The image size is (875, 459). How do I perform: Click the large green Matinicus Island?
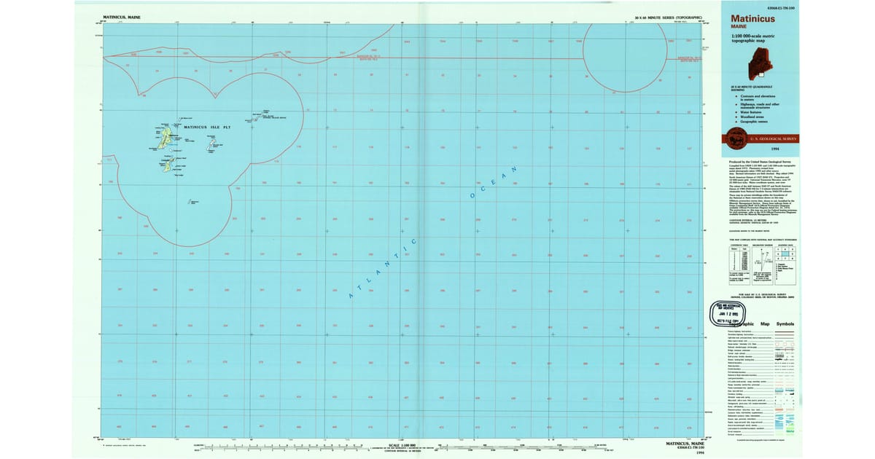tap(166, 137)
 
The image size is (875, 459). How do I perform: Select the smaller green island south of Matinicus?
tap(168, 167)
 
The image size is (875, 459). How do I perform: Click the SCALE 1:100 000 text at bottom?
tap(402, 444)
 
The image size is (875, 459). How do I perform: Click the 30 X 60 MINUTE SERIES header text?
tap(668, 16)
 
